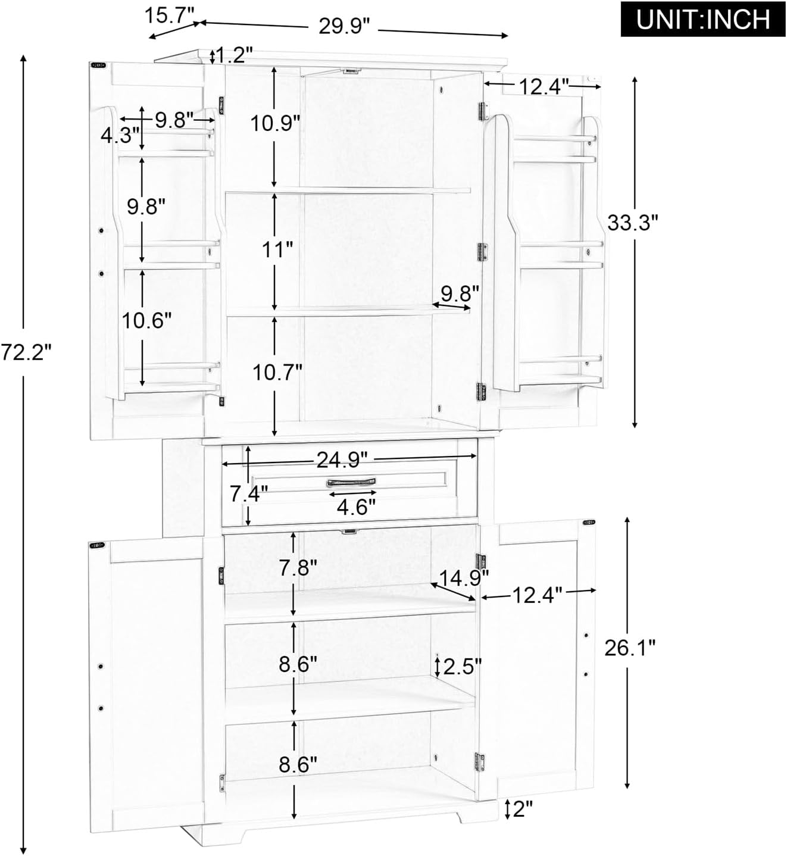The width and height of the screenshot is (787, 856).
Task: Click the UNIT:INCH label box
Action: pyautogui.click(x=702, y=20)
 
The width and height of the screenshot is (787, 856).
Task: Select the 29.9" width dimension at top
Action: pyautogui.click(x=344, y=26)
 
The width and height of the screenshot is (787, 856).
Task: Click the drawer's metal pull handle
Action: pyautogui.click(x=351, y=482)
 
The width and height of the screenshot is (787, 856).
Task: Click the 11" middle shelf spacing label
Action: pyautogui.click(x=279, y=250)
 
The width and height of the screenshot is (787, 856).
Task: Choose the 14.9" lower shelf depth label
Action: pyautogui.click(x=464, y=576)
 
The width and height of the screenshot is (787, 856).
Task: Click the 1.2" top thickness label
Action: pyautogui.click(x=234, y=55)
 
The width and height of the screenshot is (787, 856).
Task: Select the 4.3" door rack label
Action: pyautogui.click(x=120, y=135)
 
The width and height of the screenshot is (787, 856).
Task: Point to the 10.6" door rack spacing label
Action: pyautogui.click(x=146, y=321)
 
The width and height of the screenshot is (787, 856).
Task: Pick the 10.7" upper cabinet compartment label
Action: pyautogui.click(x=277, y=373)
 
